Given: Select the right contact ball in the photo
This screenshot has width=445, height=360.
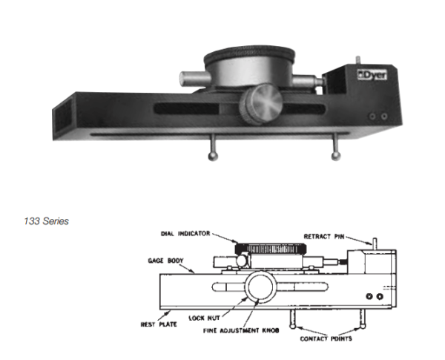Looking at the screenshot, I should pyautogui.click(x=335, y=156).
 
